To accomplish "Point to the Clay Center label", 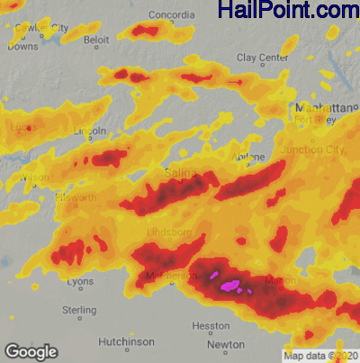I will coord(261,58).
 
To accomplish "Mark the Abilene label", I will coord(249,157).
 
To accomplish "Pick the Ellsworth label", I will coord(75,197).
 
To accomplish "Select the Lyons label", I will coord(80,282).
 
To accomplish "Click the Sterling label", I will coord(79,310).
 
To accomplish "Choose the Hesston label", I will coord(211,325).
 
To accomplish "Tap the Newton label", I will coord(225,345).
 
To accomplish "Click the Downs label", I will coord(22,45).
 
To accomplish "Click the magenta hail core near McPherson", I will coord(229,286).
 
